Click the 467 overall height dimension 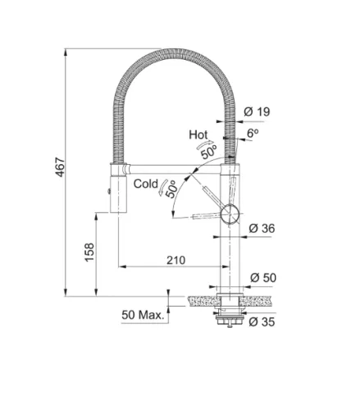pyautogui.click(x=61, y=167)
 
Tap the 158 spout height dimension pyautogui.click(x=89, y=253)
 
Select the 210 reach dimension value pyautogui.click(x=175, y=260)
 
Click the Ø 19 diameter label pyautogui.click(x=257, y=112)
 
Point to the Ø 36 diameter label pyautogui.click(x=262, y=228)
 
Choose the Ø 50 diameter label pyautogui.click(x=263, y=278)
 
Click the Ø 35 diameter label pyautogui.click(x=262, y=321)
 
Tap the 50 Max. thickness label pyautogui.click(x=143, y=315)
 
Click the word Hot pyautogui.click(x=198, y=134)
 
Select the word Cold pyautogui.click(x=146, y=184)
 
